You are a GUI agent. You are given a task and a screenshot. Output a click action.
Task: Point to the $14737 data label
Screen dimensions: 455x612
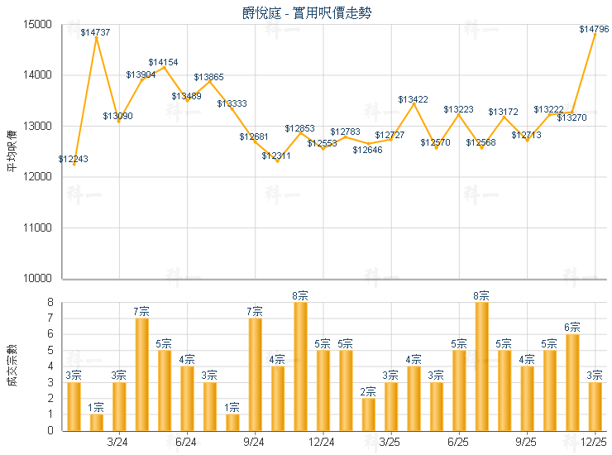(96, 32)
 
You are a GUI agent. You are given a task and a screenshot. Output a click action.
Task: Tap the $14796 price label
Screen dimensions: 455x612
(594, 29)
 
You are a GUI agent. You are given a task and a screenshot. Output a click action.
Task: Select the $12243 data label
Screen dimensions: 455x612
(74, 158)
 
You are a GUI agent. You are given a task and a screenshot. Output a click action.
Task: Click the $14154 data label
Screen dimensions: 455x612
(163, 62)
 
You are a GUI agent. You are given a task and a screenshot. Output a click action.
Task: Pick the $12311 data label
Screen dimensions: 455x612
(276, 156)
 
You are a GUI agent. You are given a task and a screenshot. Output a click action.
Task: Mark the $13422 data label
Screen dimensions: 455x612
(413, 99)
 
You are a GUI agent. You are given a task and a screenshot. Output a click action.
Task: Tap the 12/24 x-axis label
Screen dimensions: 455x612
(323, 443)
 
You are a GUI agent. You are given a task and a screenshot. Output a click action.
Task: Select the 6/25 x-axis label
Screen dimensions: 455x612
(458, 443)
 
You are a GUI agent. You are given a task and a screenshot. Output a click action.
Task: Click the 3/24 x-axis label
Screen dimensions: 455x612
(119, 443)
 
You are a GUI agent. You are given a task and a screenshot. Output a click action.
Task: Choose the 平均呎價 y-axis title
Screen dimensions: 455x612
(11, 151)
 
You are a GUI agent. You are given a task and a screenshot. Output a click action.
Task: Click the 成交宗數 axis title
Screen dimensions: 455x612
(11, 365)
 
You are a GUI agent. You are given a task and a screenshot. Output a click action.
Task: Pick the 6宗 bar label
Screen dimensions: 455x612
(572, 328)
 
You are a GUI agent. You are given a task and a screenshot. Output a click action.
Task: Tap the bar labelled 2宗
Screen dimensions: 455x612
(368, 414)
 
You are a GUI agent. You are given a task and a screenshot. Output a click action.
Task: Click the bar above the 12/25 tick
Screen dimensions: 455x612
(595, 406)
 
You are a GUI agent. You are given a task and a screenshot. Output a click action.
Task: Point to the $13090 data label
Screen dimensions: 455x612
(117, 116)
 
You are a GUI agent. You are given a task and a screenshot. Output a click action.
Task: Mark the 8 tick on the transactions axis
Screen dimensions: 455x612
(51, 303)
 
